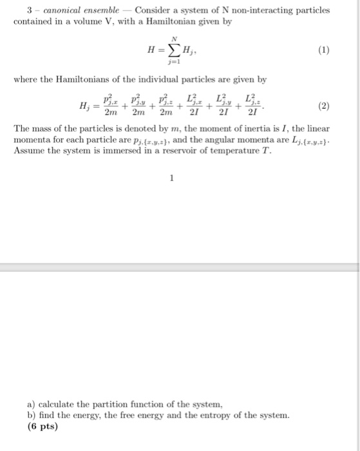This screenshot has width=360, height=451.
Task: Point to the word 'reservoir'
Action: (206, 151)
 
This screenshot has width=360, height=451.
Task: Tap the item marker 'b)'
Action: (19, 416)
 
